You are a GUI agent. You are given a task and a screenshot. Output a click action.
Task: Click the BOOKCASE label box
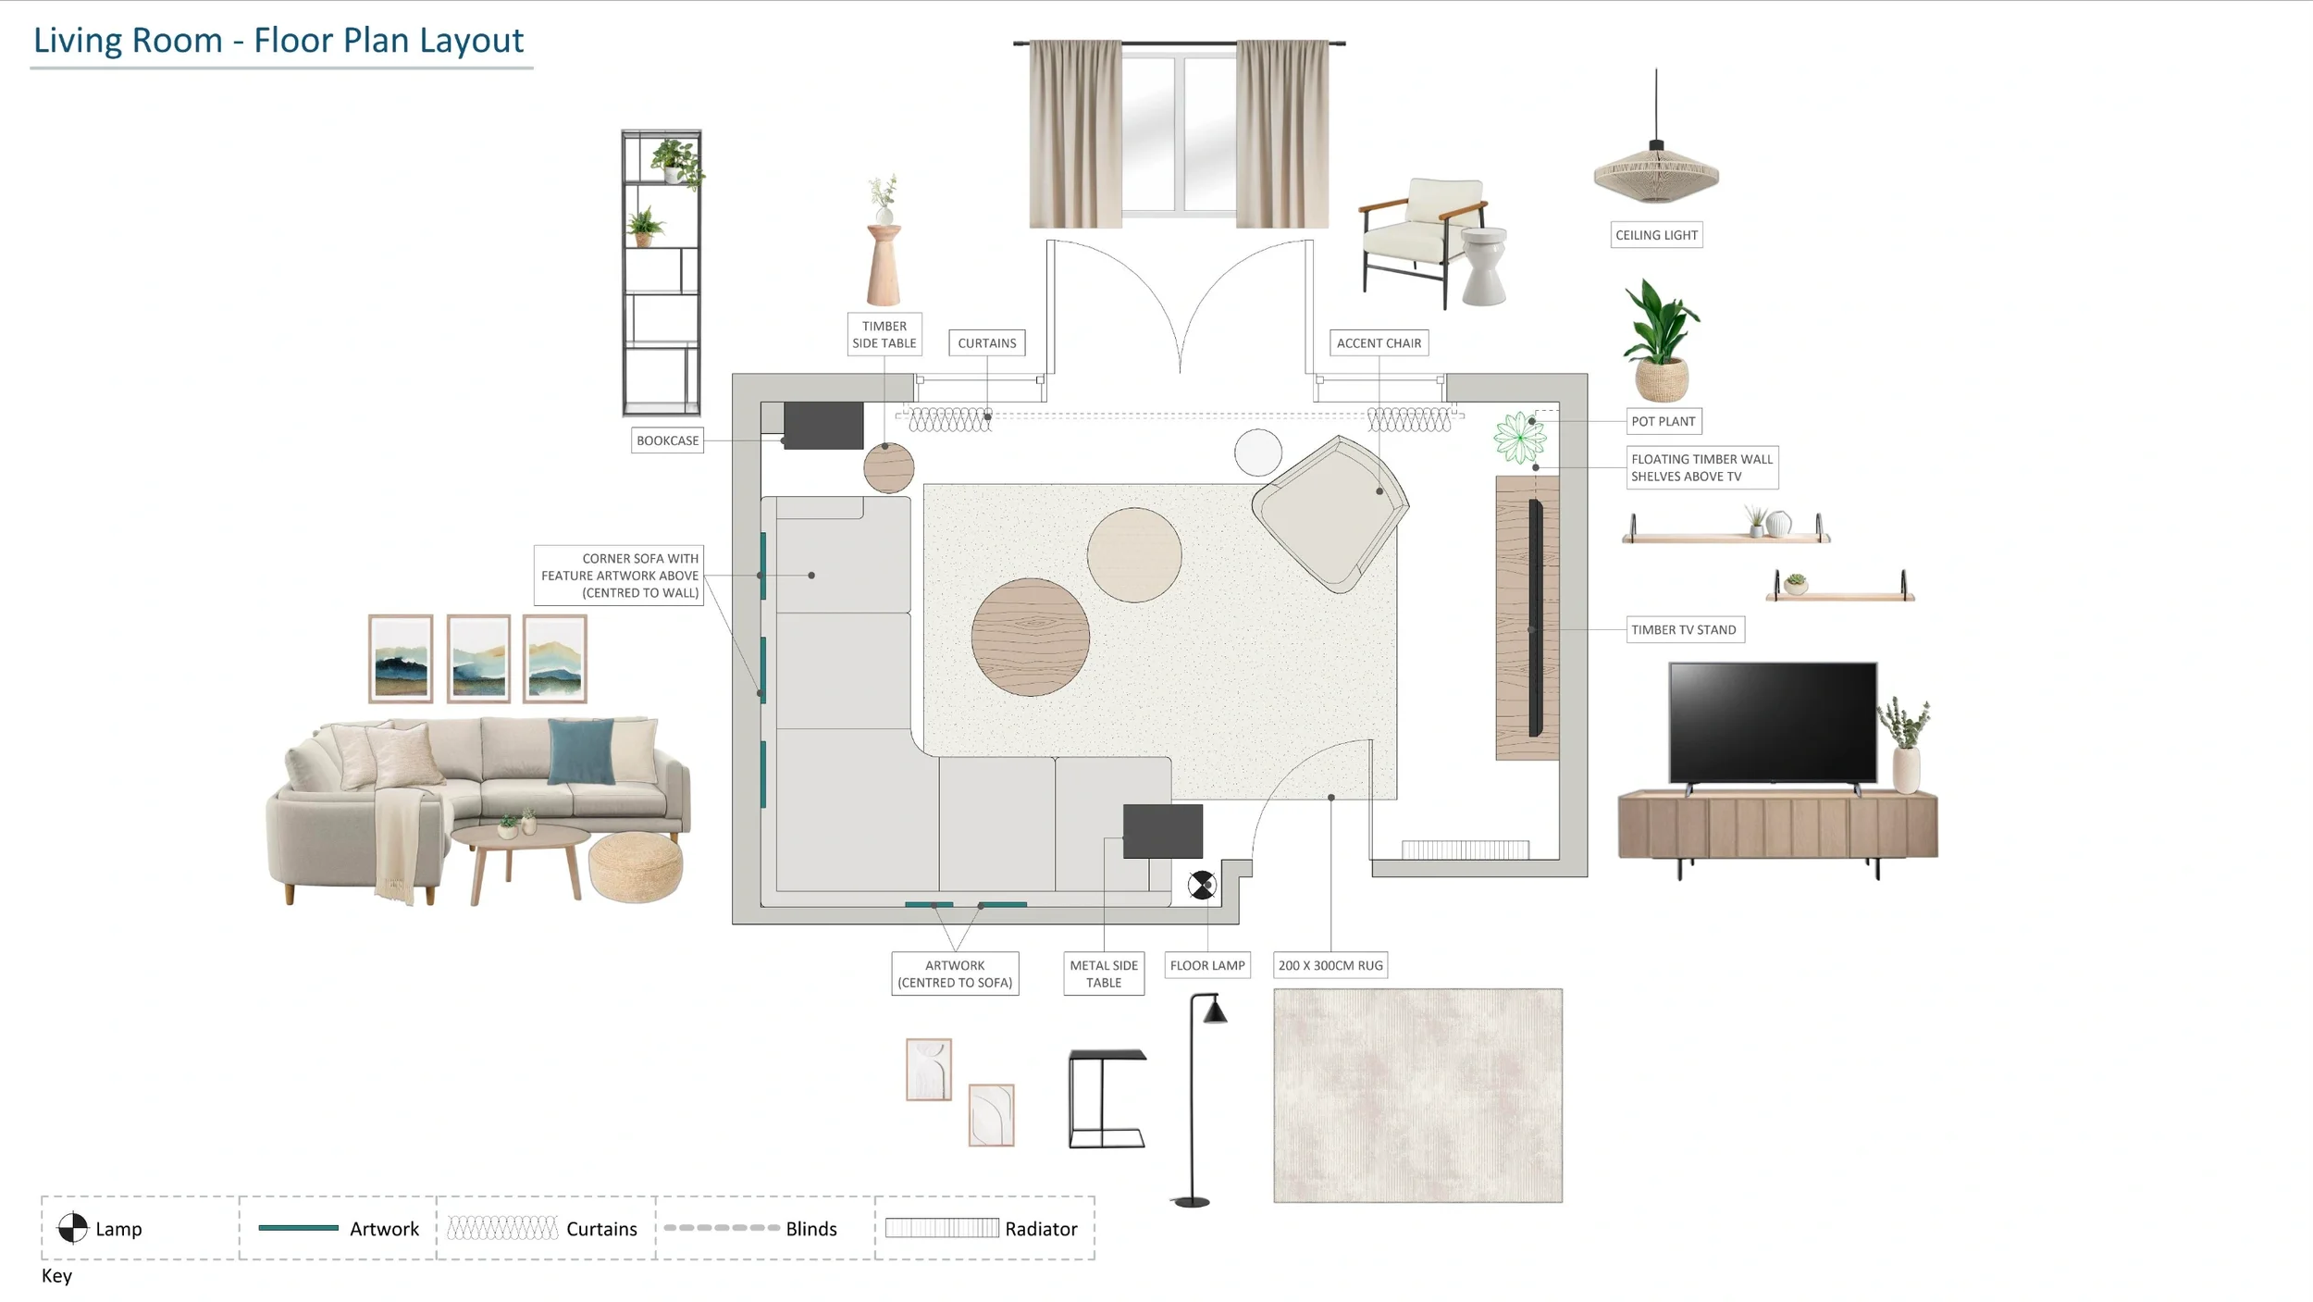coord(667,440)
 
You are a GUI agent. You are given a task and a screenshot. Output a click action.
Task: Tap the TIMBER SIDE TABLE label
coord(884,334)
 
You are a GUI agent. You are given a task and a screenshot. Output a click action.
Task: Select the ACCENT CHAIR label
coord(1379,342)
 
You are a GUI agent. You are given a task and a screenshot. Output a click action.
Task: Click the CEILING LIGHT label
coord(1656,235)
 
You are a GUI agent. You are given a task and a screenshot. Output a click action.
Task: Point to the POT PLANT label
coord(1664,421)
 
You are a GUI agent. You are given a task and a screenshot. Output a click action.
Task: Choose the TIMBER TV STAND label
coord(1684,629)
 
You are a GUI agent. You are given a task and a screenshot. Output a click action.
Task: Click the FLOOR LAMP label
coord(1207,965)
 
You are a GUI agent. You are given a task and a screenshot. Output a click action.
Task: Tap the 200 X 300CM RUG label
coord(1330,965)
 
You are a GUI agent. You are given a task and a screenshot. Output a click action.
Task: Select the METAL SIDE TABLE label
coord(1104,973)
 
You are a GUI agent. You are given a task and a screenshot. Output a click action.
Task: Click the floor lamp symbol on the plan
coord(1202,886)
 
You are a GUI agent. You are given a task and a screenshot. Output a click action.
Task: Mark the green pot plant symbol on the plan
coord(1519,438)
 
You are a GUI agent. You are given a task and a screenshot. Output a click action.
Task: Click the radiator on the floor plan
coord(1465,849)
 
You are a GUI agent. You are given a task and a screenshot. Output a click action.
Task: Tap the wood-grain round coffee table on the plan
coord(1030,637)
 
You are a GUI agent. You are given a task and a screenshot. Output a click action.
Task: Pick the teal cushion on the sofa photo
coord(581,750)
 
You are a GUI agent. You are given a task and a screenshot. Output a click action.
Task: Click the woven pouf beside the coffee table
coord(636,866)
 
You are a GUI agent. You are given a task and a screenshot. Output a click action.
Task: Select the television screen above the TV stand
coord(1773,723)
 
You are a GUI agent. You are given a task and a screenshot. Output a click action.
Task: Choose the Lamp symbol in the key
coord(72,1228)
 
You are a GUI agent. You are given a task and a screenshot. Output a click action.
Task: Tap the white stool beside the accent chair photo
coord(1484,267)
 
